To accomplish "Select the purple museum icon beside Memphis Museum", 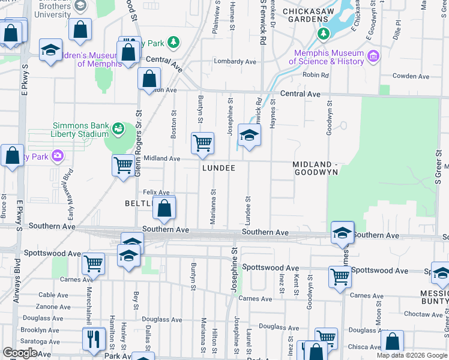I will click(375, 57).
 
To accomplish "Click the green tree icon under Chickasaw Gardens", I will click(324, 32).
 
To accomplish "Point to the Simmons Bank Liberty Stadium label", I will click(80, 130).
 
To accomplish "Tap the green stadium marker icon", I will click(118, 128).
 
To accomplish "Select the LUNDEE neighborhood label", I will click(218, 169).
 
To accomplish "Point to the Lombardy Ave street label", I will click(237, 62).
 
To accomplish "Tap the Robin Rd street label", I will click(316, 75).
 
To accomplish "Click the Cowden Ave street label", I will click(411, 76).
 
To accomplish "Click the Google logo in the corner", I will click(20, 353).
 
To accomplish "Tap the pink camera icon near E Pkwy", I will click(57, 157).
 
